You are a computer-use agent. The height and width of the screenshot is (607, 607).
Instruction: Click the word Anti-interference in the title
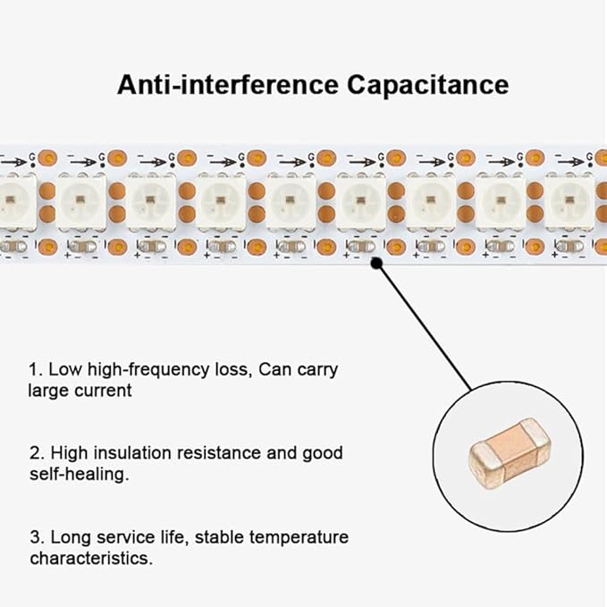click(228, 85)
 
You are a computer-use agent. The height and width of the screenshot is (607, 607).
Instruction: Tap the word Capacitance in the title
click(428, 86)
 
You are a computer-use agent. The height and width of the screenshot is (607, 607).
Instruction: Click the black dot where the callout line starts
click(376, 264)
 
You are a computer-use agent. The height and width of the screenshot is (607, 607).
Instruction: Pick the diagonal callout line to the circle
click(425, 327)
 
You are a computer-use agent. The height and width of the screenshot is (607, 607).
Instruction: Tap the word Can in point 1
click(274, 369)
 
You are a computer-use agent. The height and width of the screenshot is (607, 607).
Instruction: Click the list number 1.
click(36, 370)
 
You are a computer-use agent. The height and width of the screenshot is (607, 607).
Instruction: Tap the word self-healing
click(80, 474)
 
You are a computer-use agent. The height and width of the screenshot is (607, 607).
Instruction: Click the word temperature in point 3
click(299, 537)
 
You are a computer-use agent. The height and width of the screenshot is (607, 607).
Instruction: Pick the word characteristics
click(91, 558)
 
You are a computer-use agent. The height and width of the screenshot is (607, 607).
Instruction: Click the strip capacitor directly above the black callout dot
click(361, 247)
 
